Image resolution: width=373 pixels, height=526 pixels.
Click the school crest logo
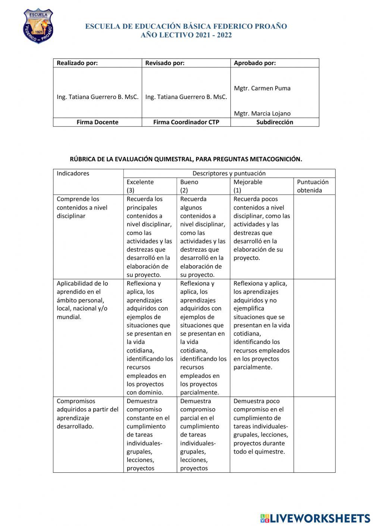click(38, 26)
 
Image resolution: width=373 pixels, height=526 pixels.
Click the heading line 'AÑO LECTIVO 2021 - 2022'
click(186, 35)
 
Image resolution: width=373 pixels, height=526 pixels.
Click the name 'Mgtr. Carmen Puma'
click(262, 88)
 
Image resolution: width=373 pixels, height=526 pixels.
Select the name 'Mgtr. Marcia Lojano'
click(262, 114)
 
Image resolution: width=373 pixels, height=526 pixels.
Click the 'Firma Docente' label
click(97, 122)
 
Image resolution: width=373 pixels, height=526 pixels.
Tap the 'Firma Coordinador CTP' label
click(186, 122)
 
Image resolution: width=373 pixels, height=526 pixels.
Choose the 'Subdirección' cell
click(275, 122)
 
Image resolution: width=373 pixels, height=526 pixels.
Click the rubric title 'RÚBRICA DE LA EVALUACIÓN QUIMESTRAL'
click(186, 159)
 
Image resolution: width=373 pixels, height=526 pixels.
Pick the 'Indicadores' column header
click(73, 173)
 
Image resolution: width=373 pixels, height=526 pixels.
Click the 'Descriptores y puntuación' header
click(229, 173)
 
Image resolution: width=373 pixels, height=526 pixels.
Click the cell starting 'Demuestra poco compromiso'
click(261, 426)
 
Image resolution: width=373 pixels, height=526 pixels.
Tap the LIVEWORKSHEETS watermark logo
click(315, 518)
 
